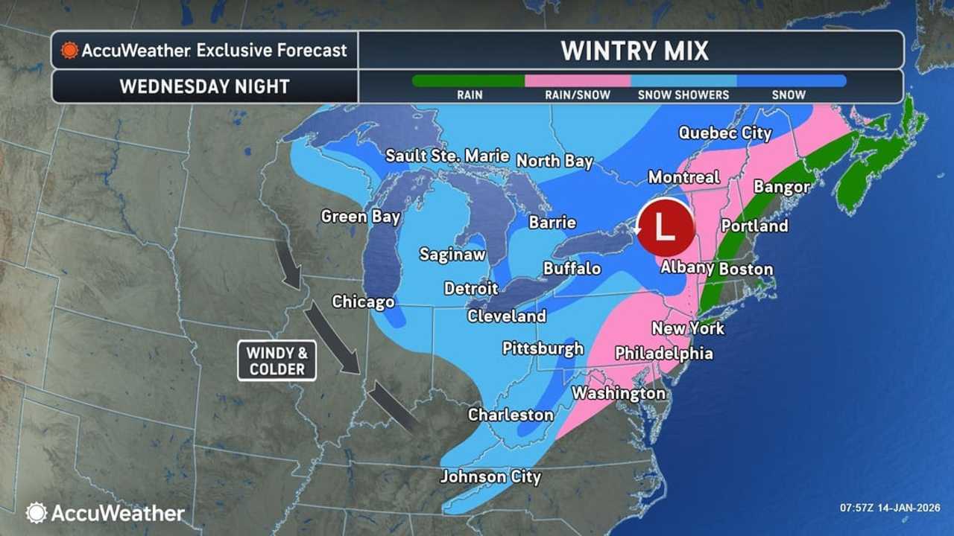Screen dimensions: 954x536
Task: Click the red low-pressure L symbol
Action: click(x=666, y=227)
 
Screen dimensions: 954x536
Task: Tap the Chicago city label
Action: click(x=363, y=301)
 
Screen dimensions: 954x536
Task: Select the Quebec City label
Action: click(x=724, y=133)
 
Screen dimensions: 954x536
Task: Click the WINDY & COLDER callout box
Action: click(x=277, y=361)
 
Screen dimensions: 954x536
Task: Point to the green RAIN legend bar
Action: click(x=469, y=80)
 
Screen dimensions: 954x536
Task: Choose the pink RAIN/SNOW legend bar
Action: click(x=578, y=80)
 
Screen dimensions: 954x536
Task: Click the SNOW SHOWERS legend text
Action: click(x=683, y=95)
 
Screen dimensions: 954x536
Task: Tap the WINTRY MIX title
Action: click(x=634, y=51)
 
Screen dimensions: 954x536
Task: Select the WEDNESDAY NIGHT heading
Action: click(x=204, y=86)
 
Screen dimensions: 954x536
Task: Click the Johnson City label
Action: click(x=490, y=476)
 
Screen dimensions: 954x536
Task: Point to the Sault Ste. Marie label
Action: click(x=447, y=156)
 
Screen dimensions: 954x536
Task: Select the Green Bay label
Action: click(x=361, y=217)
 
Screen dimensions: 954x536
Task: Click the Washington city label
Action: click(x=619, y=392)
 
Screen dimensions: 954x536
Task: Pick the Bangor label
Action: click(x=781, y=186)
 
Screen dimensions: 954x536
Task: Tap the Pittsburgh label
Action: click(x=543, y=348)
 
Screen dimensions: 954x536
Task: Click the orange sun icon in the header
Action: click(x=69, y=51)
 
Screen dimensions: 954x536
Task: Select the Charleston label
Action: click(x=511, y=415)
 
